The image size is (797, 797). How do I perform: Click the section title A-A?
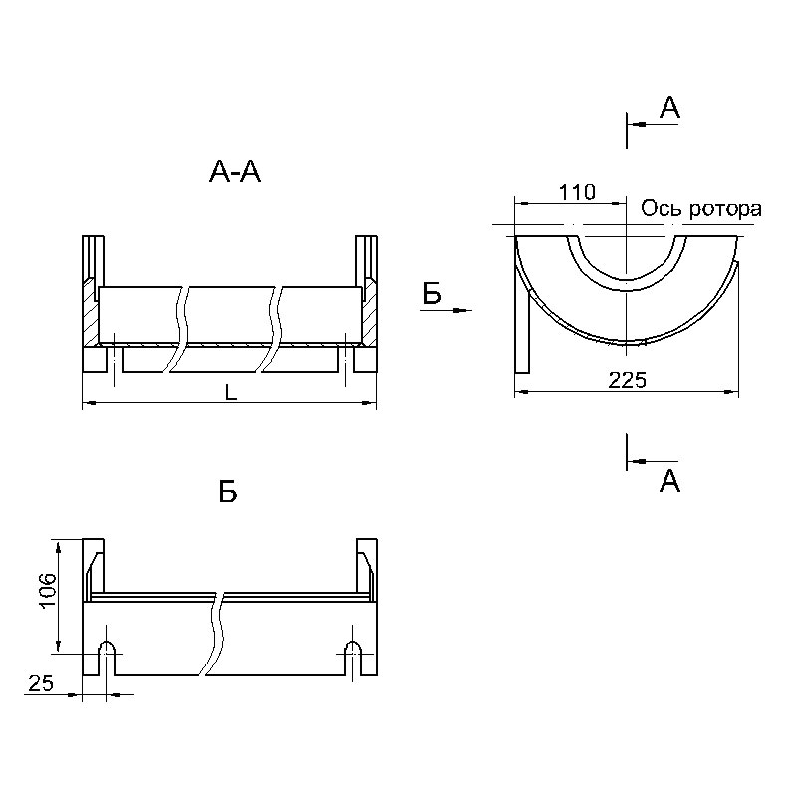pyautogui.click(x=235, y=172)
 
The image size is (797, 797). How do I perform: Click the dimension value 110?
pyautogui.click(x=577, y=192)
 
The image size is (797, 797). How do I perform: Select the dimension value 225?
pyautogui.click(x=628, y=380)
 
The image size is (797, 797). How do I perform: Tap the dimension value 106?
pyautogui.click(x=47, y=591)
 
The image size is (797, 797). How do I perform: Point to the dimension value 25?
pyautogui.click(x=41, y=683)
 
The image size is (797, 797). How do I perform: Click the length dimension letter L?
pyautogui.click(x=231, y=392)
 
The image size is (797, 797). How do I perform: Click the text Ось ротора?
pyautogui.click(x=701, y=209)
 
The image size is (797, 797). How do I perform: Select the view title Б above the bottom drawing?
pyautogui.click(x=228, y=492)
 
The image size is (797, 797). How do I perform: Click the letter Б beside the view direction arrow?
pyautogui.click(x=432, y=294)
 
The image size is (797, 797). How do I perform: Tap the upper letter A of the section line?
pyautogui.click(x=669, y=108)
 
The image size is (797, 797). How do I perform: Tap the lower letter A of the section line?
pyautogui.click(x=669, y=481)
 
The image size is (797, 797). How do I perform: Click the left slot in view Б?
pyautogui.click(x=107, y=659)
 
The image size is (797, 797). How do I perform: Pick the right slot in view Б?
pyautogui.click(x=353, y=659)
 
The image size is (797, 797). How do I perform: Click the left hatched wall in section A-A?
pyautogui.click(x=91, y=311)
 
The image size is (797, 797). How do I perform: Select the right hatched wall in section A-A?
pyautogui.click(x=369, y=311)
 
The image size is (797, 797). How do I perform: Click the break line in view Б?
pyautogui.click(x=214, y=634)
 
